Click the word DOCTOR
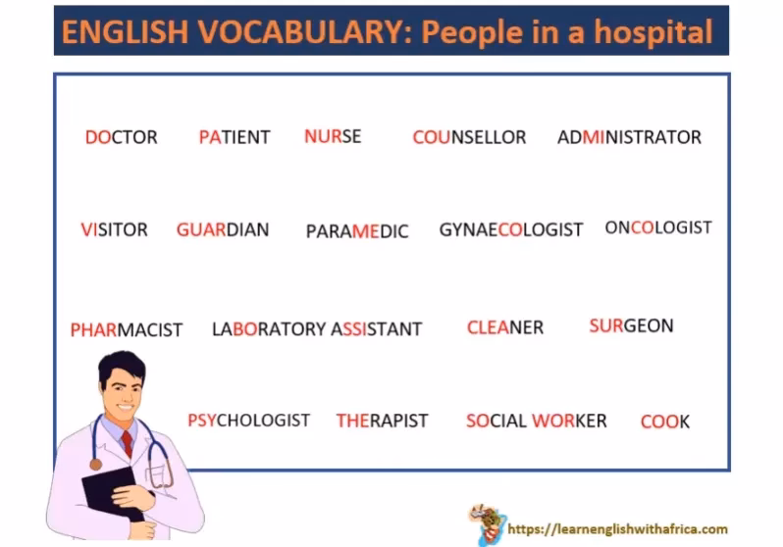point(121,137)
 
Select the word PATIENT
point(234,137)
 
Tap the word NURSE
point(333,136)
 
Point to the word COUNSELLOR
point(469,137)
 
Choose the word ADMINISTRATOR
point(629,137)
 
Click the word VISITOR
point(114,229)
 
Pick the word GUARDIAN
point(223,229)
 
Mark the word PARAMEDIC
point(357,231)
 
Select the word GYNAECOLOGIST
point(510,230)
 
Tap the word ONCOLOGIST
point(657,227)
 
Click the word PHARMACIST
point(127,330)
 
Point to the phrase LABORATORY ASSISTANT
point(317,329)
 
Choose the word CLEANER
point(504,327)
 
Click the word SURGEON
point(631,325)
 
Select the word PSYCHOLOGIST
point(248,421)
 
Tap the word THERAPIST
point(382,421)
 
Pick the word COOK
point(664,422)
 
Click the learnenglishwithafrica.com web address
point(617,529)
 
